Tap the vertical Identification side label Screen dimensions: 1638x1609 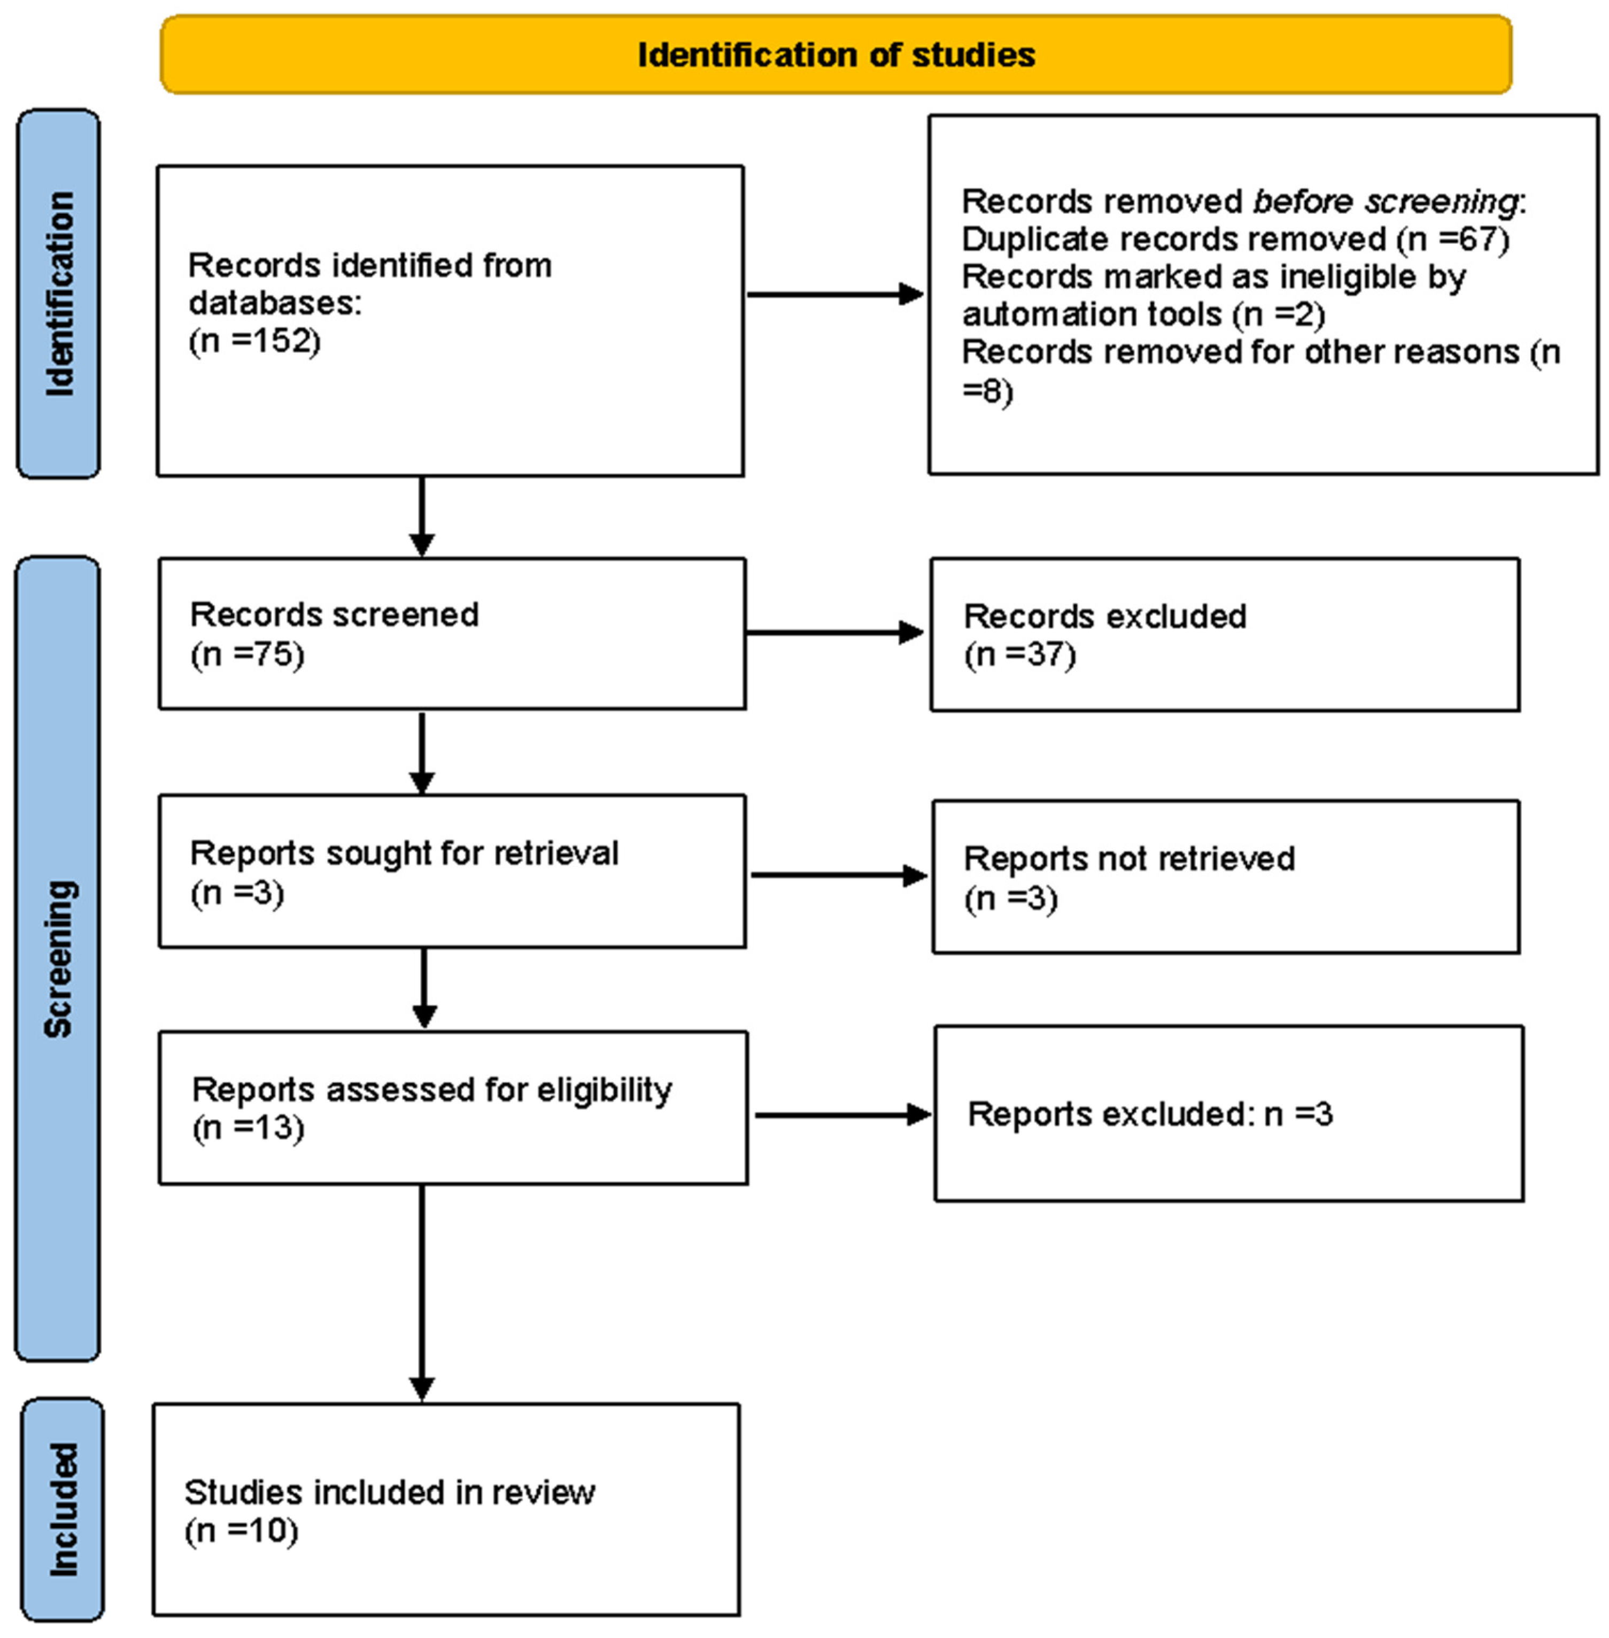59,293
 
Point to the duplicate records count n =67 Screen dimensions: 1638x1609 1453,239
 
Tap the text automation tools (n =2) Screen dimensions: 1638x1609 1142,314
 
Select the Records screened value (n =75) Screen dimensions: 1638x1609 247,654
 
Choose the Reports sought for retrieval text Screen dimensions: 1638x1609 404,853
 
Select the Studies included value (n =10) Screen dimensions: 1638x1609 241,1531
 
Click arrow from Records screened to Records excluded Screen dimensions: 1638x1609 835,632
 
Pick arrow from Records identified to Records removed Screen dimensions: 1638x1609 835,294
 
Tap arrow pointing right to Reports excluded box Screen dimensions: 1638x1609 842,1115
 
